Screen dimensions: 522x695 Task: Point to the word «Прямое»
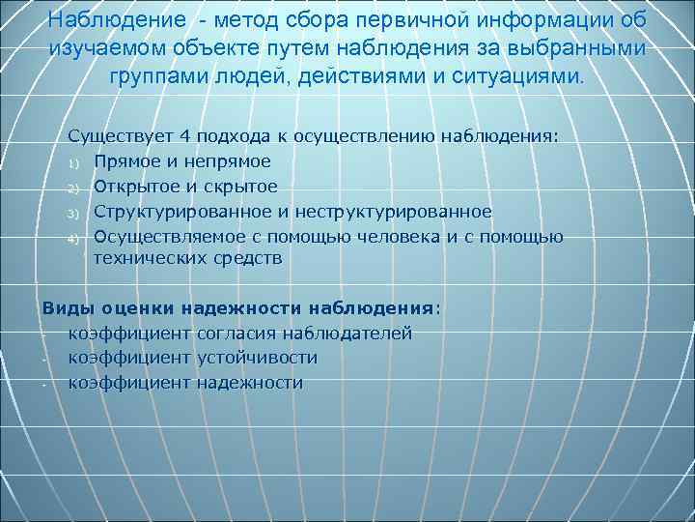point(130,161)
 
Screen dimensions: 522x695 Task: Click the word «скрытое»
point(238,187)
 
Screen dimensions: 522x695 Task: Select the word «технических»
point(150,259)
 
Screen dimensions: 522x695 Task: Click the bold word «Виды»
point(64,308)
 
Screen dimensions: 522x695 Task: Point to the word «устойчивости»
point(257,359)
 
